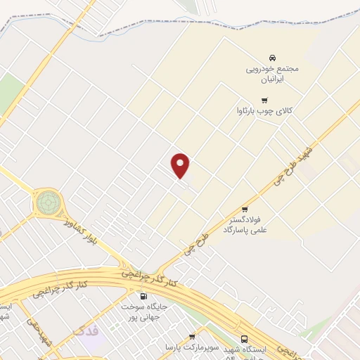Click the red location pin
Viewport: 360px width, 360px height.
coord(181,166)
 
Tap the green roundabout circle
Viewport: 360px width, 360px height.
coord(48,202)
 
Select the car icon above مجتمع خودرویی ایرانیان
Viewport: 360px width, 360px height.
coord(271,58)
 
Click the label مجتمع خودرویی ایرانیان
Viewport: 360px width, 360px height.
coord(271,75)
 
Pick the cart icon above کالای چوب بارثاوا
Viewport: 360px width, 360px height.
coord(264,100)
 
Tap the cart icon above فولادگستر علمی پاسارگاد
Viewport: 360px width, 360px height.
coord(245,209)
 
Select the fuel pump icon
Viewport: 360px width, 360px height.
coord(143,297)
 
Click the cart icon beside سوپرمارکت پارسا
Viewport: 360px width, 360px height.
coord(192,337)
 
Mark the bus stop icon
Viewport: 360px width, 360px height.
coord(244,337)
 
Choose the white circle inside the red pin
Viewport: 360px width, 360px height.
coord(181,163)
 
